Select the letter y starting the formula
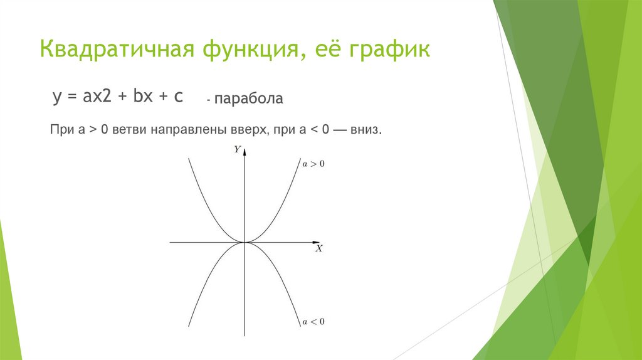tap(56, 98)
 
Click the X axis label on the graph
tap(318, 248)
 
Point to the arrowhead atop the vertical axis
tap(245, 151)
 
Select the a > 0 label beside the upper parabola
tap(313, 164)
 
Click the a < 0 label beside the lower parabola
tap(313, 322)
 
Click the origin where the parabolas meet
tap(245, 241)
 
